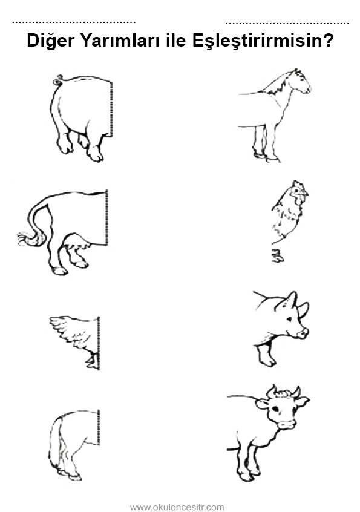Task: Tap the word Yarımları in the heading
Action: (x=120, y=41)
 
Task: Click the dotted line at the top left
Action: (x=74, y=22)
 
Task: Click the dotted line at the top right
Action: (x=287, y=24)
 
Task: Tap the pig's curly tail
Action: (x=58, y=80)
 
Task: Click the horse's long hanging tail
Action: (x=56, y=444)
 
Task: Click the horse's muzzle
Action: (x=306, y=88)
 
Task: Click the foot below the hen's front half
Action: (x=277, y=255)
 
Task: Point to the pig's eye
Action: (x=289, y=318)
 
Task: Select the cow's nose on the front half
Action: (x=287, y=424)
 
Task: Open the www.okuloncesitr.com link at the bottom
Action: (x=177, y=507)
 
